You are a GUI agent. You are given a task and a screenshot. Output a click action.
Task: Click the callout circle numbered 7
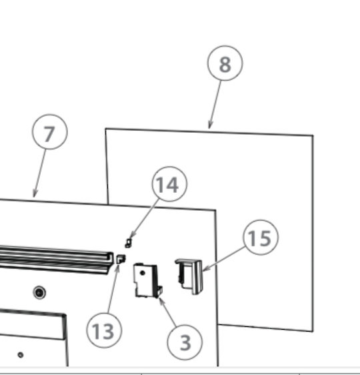pyautogui.click(x=50, y=133)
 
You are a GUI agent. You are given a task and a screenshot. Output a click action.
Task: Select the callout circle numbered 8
pyautogui.click(x=225, y=64)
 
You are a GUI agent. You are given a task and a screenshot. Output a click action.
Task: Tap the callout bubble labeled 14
pyautogui.click(x=169, y=185)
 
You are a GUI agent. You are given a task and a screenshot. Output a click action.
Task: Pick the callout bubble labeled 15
pyautogui.click(x=260, y=238)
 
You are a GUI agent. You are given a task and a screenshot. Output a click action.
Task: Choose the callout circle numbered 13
pyautogui.click(x=104, y=330)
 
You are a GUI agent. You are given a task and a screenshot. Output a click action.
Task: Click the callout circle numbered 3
pyautogui.click(x=185, y=341)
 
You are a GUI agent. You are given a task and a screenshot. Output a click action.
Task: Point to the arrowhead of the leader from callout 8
pyautogui.click(x=210, y=127)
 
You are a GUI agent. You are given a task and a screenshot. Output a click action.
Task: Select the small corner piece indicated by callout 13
pyautogui.click(x=121, y=259)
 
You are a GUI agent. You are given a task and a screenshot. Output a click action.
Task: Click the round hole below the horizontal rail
pyautogui.click(x=39, y=292)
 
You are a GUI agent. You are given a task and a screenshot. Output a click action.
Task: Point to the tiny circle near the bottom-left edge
pyautogui.click(x=20, y=354)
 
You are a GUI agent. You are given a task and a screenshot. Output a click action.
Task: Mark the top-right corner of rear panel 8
pyautogui.click(x=313, y=135)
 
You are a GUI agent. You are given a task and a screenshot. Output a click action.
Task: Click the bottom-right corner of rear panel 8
pyautogui.click(x=312, y=330)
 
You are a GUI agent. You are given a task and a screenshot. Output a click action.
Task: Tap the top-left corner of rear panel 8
pyautogui.click(x=106, y=129)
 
